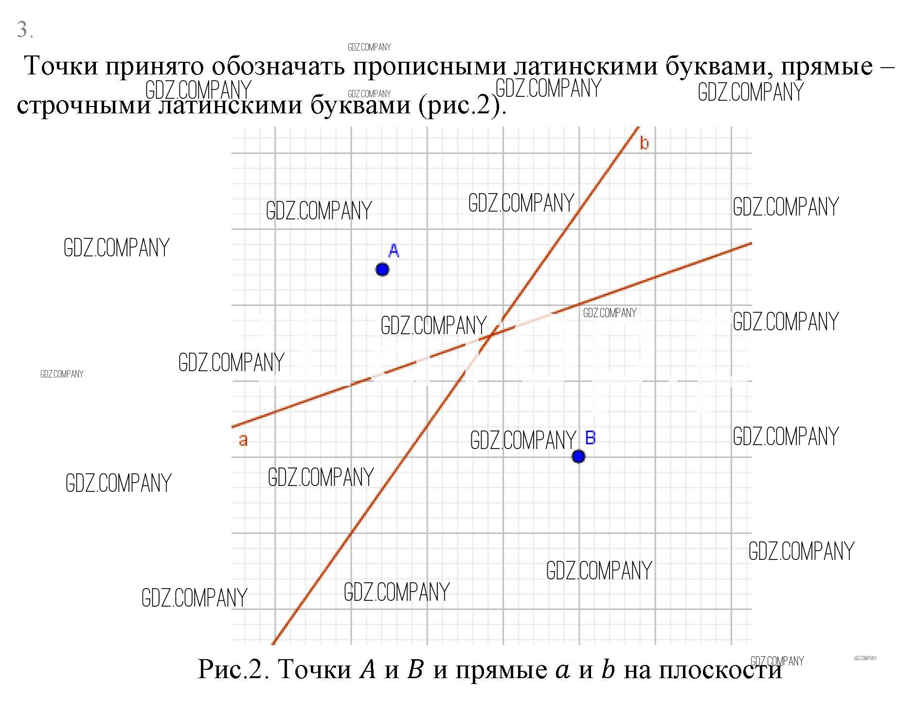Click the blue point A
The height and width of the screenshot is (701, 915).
point(382,269)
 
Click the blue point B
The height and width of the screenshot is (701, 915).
point(578,456)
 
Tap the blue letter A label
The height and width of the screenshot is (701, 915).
point(394,251)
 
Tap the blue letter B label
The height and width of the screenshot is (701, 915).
point(590,438)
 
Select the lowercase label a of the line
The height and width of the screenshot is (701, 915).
point(243,440)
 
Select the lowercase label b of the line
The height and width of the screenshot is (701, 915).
point(644,143)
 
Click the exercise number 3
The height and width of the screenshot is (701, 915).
point(22,30)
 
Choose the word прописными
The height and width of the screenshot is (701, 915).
point(429,67)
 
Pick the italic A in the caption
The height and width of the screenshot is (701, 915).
point(368,669)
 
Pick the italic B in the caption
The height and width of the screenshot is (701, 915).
point(416,669)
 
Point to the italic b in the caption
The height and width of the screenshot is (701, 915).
point(608,669)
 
